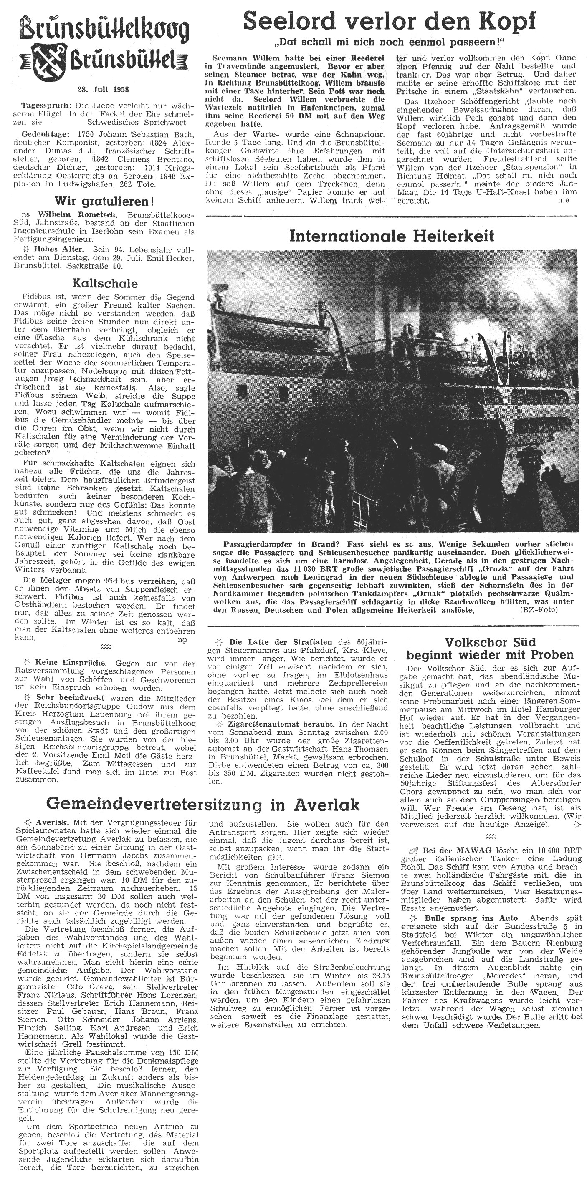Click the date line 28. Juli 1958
coord(103,89)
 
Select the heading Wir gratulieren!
coord(104,202)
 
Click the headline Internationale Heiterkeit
coord(392,236)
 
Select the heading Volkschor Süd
coord(490,642)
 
